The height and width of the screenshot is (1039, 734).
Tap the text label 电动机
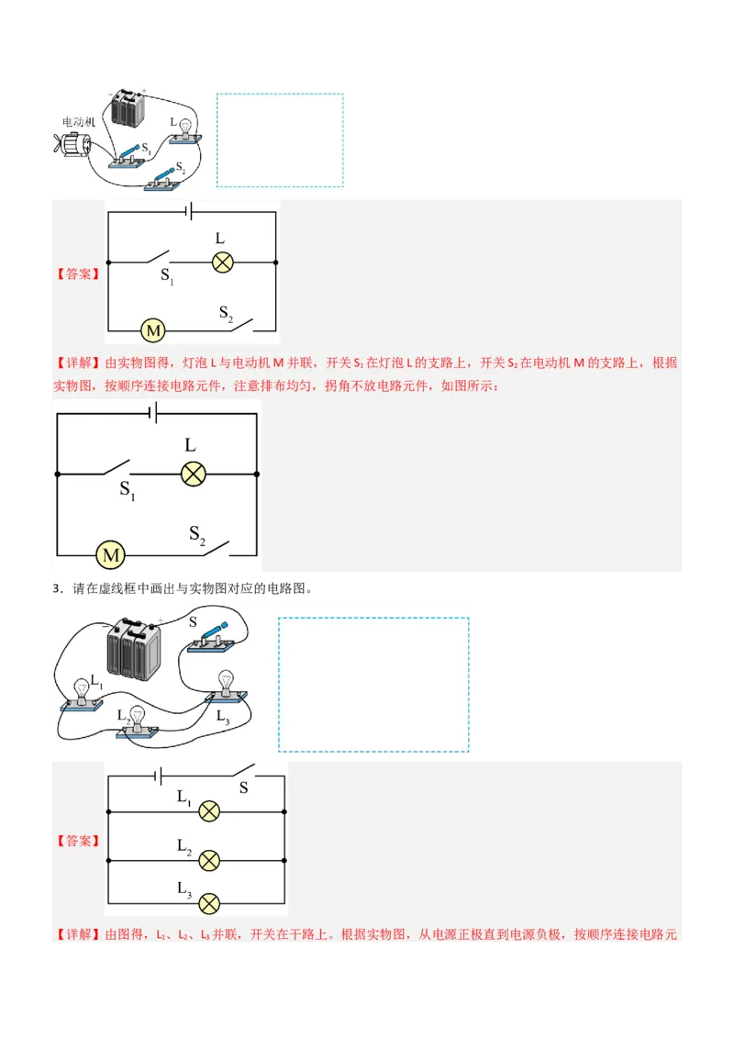[x=78, y=121]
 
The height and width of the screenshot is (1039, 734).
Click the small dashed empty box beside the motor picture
[x=280, y=140]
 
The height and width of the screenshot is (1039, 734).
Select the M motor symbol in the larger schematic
[x=111, y=555]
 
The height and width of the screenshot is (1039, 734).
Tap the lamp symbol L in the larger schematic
[x=192, y=474]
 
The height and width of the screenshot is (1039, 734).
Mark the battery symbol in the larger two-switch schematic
[x=155, y=414]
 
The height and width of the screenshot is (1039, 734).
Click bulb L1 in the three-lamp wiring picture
[x=82, y=694]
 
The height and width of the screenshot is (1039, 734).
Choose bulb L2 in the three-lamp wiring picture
[x=138, y=721]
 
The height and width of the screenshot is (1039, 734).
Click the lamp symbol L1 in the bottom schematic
[x=209, y=811]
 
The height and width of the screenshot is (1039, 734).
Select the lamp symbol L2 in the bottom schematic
[x=209, y=860]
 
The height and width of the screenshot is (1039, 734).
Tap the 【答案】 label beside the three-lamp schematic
[x=78, y=840]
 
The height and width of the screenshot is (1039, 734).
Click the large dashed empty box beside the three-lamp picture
[x=373, y=684]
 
